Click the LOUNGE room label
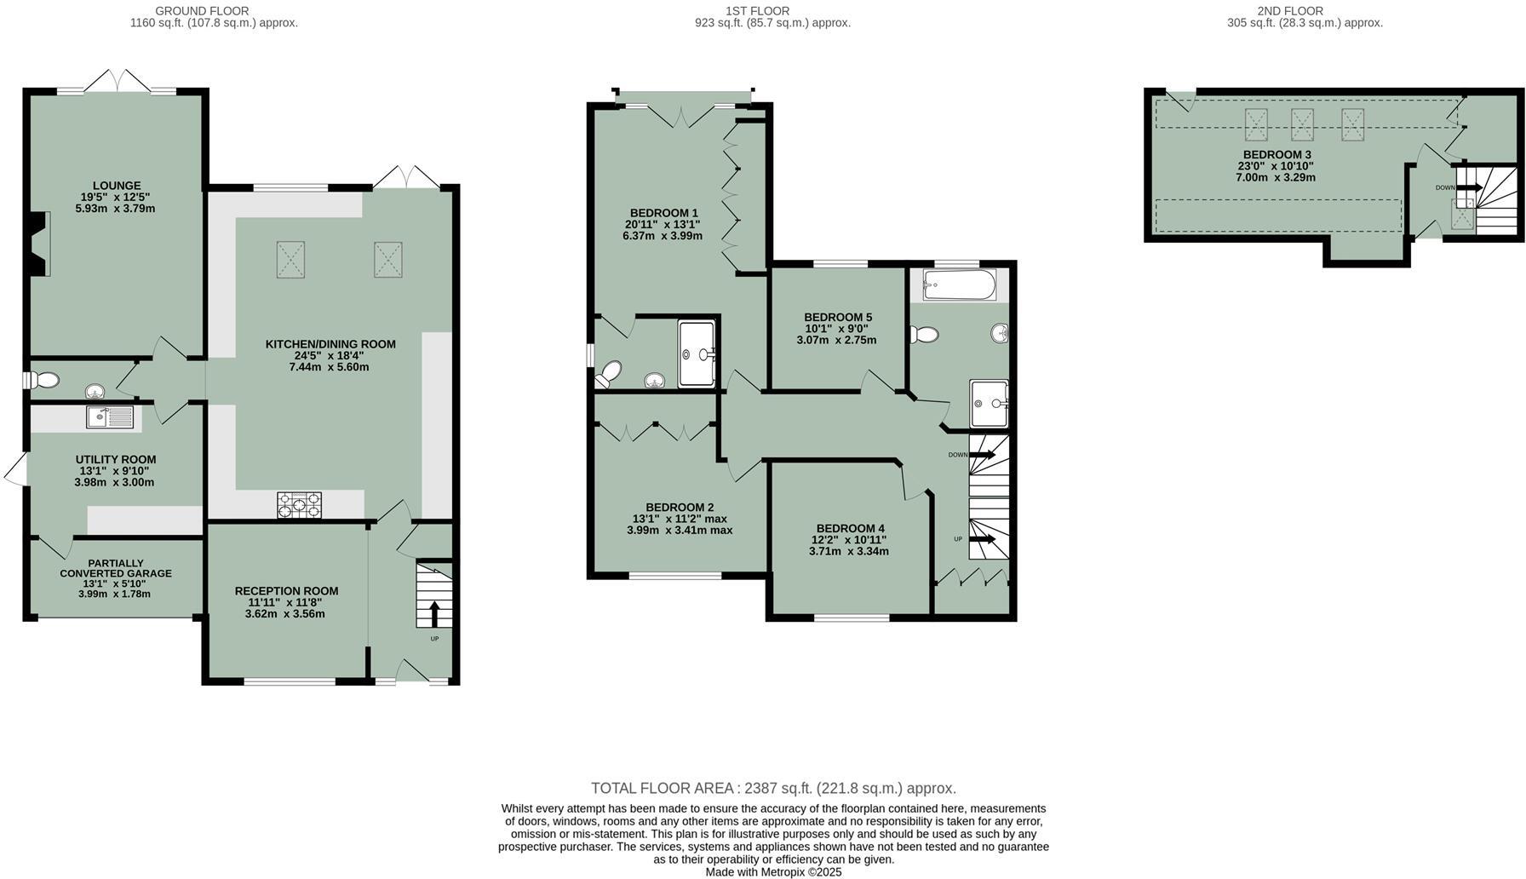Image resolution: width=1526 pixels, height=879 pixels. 117,186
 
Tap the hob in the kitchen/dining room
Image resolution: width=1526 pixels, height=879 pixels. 299,504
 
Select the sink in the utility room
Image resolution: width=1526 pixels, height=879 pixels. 109,417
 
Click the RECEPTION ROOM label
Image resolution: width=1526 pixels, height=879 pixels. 286,590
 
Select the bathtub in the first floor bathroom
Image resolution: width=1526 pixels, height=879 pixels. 959,285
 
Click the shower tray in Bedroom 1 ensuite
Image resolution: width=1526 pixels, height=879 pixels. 697,353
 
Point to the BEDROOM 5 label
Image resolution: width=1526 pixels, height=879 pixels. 838,317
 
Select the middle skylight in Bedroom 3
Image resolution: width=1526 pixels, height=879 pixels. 1302,124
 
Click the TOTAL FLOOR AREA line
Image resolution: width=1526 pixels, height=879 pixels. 773,788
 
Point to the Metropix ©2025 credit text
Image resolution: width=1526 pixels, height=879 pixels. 773,871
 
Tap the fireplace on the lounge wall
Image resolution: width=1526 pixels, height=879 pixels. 39,244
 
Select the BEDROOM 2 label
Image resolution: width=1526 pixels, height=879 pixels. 680,507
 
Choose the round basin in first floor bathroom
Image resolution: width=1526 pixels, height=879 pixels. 1000,333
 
